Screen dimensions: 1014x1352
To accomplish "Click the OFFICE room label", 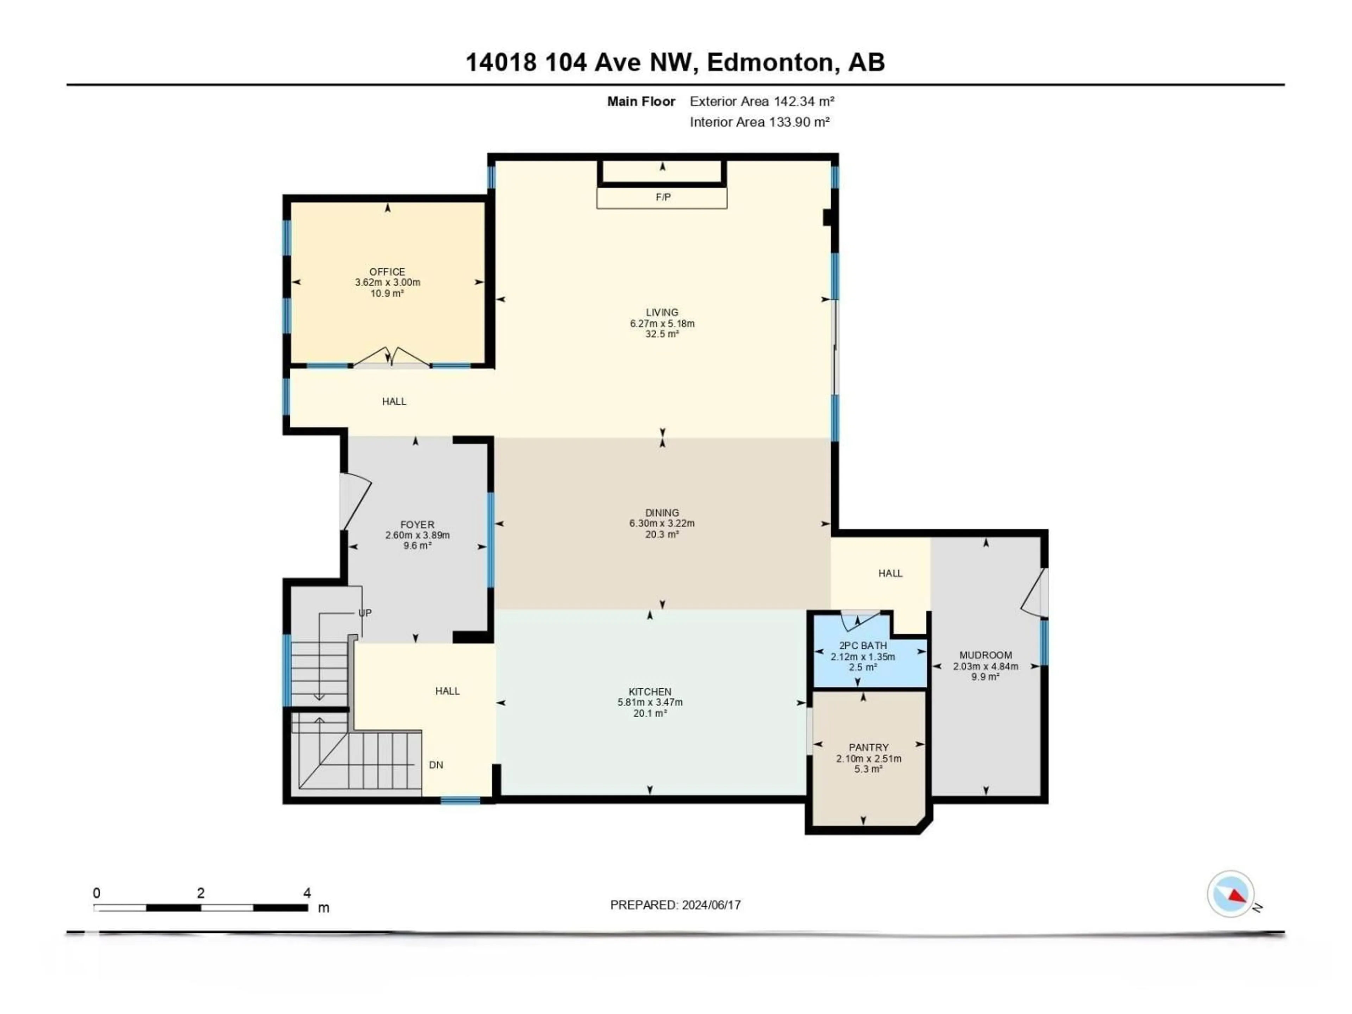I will (x=387, y=271).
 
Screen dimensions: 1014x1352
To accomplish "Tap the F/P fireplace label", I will (x=663, y=197).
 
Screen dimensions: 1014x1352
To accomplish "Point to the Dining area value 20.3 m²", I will (x=662, y=534).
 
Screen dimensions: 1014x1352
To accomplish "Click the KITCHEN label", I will (x=650, y=691).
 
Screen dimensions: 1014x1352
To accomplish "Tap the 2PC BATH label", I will (x=862, y=645).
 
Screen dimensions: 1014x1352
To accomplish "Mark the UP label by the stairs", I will (x=365, y=612).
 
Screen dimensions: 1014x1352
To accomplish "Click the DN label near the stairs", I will (x=436, y=765).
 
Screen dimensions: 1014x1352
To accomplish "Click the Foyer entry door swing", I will (x=355, y=501).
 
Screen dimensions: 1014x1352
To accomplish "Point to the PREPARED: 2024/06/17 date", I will (x=675, y=905).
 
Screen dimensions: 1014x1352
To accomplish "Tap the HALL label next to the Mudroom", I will (x=890, y=573).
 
